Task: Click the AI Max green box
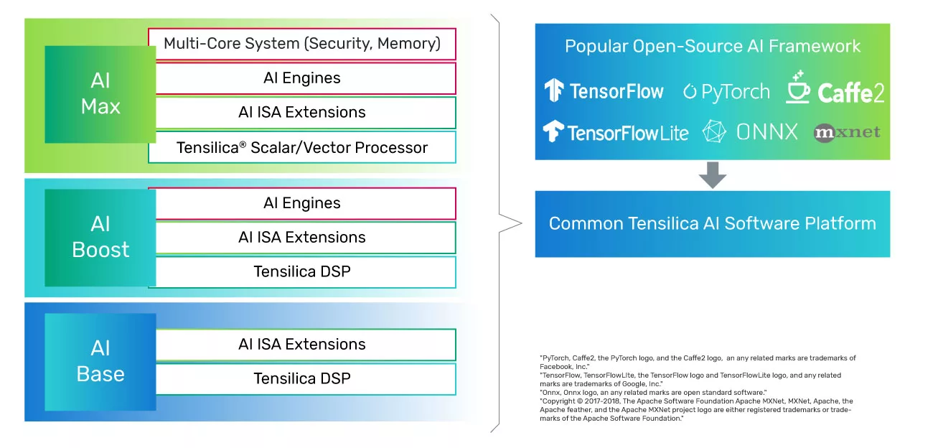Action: click(100, 94)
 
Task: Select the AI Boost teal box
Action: click(100, 236)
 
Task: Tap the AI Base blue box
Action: click(100, 361)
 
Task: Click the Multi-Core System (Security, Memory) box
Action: click(302, 44)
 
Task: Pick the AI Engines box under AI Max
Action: click(302, 78)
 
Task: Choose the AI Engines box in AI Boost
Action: click(302, 203)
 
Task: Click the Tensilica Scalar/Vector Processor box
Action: click(302, 148)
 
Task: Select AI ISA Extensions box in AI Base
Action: click(302, 345)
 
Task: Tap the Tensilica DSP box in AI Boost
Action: click(302, 272)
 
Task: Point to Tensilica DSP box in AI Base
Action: click(302, 378)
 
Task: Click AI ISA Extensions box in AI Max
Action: click(302, 113)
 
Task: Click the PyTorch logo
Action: click(726, 92)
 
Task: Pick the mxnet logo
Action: click(847, 133)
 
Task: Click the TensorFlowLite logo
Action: click(616, 133)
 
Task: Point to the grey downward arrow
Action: click(713, 175)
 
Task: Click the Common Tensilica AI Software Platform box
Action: click(713, 223)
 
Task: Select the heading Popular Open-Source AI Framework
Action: click(713, 47)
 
